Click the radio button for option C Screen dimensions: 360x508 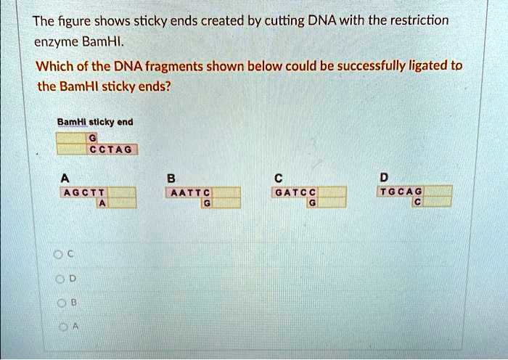pyautogui.click(x=57, y=253)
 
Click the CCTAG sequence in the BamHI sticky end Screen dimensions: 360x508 pyautogui.click(x=111, y=150)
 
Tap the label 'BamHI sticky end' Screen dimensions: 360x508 pyautogui.click(x=95, y=122)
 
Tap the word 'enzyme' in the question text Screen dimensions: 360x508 pyautogui.click(x=55, y=42)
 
